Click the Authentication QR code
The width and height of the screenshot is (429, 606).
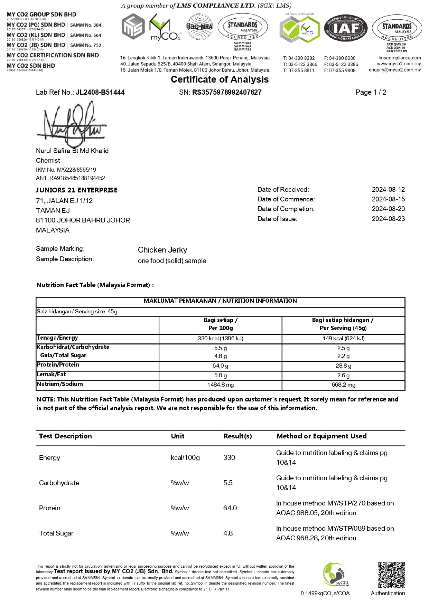pyautogui.click(x=391, y=575)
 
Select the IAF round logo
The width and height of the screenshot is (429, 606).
pyautogui.click(x=346, y=29)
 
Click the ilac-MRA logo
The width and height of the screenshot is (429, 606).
pyautogui.click(x=199, y=27)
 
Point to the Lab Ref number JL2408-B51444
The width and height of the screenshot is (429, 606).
pyautogui.click(x=100, y=92)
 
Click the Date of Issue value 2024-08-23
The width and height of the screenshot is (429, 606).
pyautogui.click(x=388, y=219)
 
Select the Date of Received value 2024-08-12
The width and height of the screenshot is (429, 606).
pyautogui.click(x=388, y=189)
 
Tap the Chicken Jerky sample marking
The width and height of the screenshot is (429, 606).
pyautogui.click(x=162, y=250)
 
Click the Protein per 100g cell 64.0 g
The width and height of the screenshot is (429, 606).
pyautogui.click(x=220, y=366)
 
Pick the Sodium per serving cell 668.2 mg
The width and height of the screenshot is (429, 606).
pyautogui.click(x=343, y=385)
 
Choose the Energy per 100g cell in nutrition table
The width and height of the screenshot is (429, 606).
pyautogui.click(x=220, y=338)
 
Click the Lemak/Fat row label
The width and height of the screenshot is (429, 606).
pyautogui.click(x=51, y=374)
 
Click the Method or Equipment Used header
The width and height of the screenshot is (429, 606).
pyautogui.click(x=321, y=436)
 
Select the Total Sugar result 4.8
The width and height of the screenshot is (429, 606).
pyautogui.click(x=228, y=533)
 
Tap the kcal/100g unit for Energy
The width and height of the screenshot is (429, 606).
pyautogui.click(x=185, y=457)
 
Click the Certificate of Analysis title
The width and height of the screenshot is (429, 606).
pyautogui.click(x=220, y=79)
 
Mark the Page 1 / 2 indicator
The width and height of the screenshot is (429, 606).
pyautogui.click(x=371, y=92)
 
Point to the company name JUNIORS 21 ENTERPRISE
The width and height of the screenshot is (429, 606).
pyautogui.click(x=77, y=190)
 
